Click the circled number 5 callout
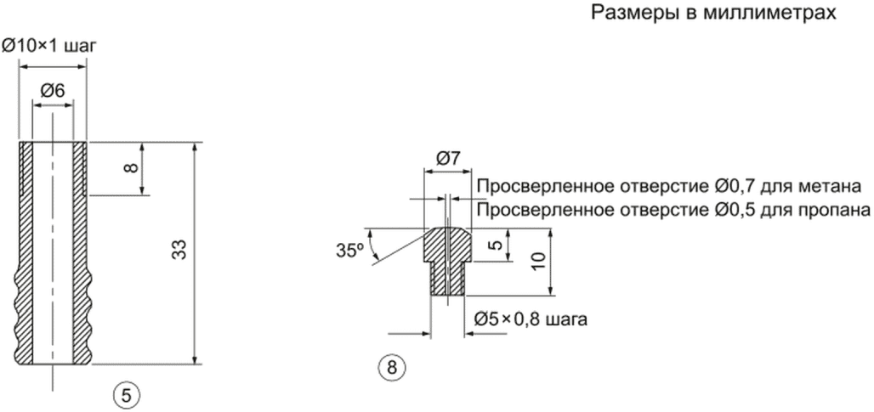127,394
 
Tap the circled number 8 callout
391,368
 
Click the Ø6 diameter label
53,90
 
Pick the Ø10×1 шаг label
48,45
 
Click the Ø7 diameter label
447,157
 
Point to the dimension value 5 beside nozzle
494,246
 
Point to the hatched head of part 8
447,245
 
